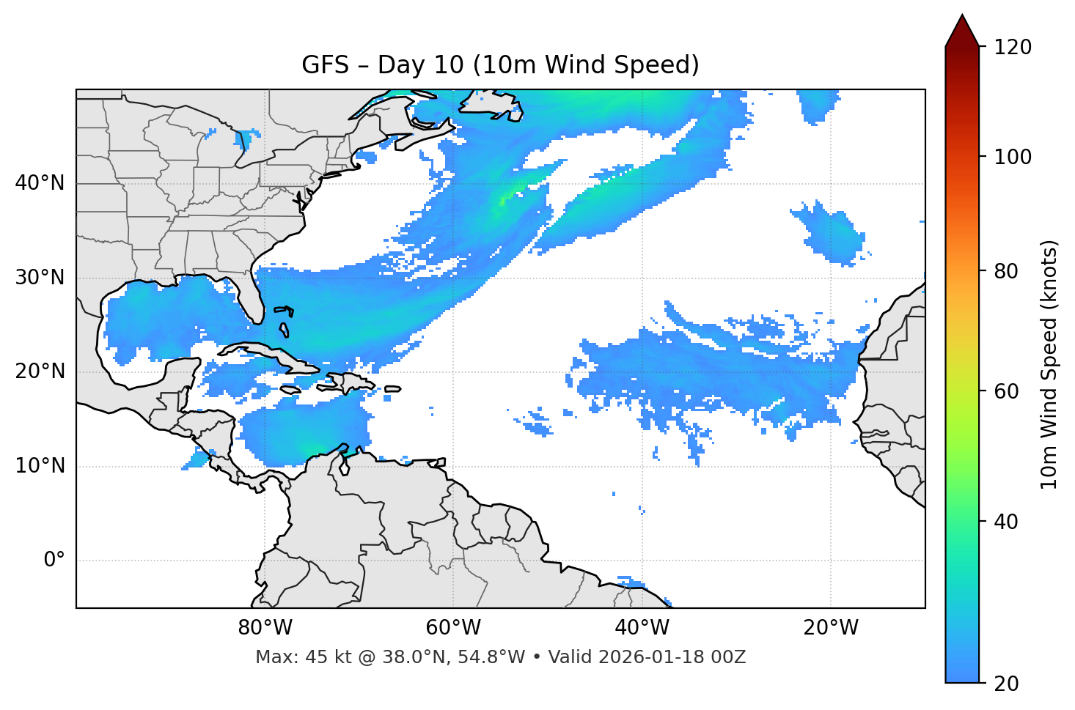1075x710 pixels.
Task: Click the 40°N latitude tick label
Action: click(40, 183)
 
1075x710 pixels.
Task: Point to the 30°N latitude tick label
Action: click(40, 278)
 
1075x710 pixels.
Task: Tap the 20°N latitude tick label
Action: click(40, 371)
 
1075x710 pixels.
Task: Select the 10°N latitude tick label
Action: click(40, 466)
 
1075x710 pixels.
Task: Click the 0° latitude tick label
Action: click(54, 561)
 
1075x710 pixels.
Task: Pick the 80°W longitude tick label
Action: click(265, 628)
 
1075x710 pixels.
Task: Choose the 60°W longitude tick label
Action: click(453, 628)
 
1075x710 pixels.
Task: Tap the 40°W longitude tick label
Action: click(642, 628)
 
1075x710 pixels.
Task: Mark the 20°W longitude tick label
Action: click(831, 628)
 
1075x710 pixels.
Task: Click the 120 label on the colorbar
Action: click(1012, 48)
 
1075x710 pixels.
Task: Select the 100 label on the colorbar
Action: click(1012, 157)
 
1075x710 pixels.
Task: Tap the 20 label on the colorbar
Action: click(1006, 684)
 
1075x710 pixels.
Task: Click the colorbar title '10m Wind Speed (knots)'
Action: click(1049, 365)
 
